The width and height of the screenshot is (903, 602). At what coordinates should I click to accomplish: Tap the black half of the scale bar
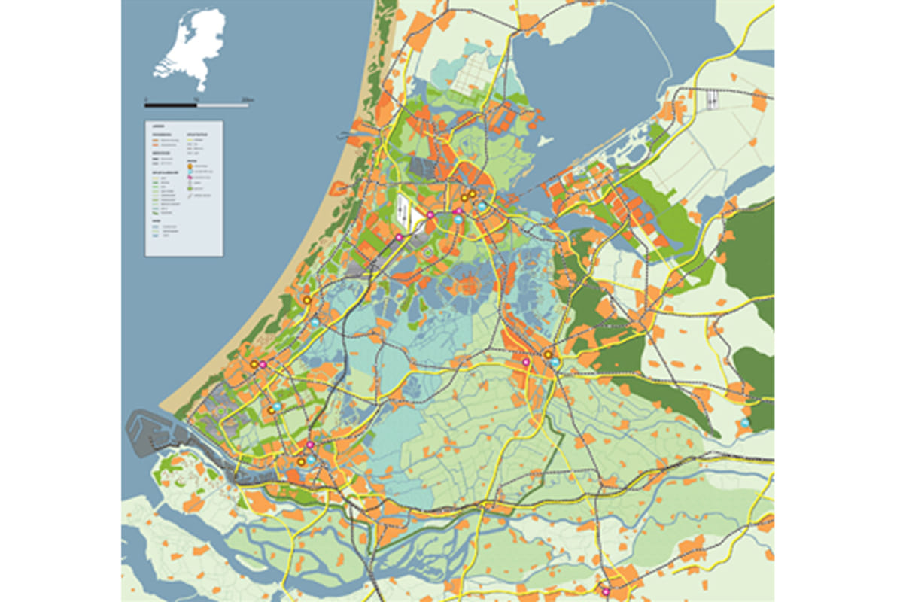171,104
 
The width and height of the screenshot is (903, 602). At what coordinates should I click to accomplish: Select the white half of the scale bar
222,104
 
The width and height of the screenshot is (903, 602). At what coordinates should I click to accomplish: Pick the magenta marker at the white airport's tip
399,238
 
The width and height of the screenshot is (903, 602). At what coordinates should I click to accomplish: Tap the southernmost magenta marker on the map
605,591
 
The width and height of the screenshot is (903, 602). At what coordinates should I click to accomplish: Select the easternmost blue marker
745,424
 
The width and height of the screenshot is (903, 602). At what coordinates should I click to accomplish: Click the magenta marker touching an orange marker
263,365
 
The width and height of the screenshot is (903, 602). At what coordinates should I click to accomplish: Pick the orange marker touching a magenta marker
254,364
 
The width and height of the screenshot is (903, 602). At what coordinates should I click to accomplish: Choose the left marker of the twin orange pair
466,197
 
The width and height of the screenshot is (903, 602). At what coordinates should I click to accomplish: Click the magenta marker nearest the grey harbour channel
309,445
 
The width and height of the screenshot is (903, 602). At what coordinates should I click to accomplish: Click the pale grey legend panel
184,188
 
